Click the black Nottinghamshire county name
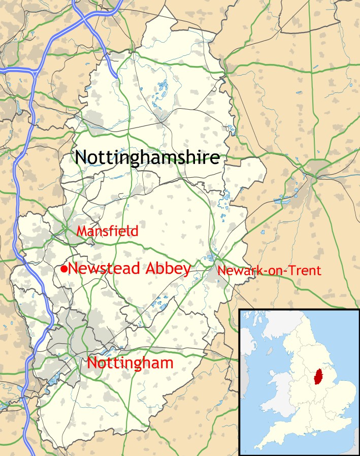pyautogui.click(x=147, y=157)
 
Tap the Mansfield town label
pyautogui.click(x=107, y=231)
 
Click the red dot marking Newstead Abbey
pyautogui.click(x=64, y=269)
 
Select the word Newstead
pyautogui.click(x=104, y=269)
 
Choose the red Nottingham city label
pyautogui.click(x=130, y=363)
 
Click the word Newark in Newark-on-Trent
pyautogui.click(x=236, y=271)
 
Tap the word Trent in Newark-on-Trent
pyautogui.click(x=306, y=271)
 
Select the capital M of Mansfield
pyautogui.click(x=81, y=231)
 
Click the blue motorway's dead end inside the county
pyautogui.click(x=118, y=77)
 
